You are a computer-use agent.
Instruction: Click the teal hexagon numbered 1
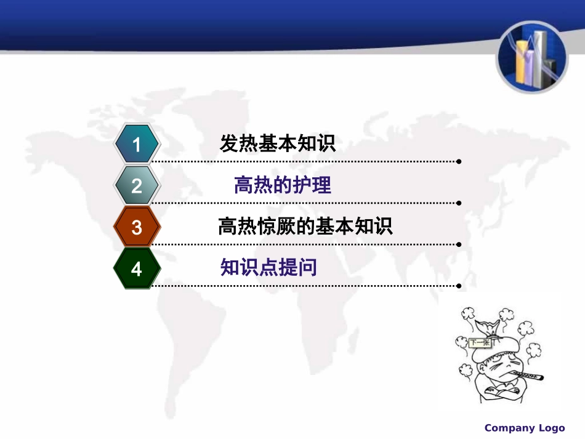[x=137, y=145]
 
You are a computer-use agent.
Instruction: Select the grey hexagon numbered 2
[x=137, y=186]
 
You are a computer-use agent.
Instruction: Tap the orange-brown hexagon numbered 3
[x=137, y=227]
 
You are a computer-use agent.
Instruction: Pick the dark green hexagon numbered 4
[x=137, y=268]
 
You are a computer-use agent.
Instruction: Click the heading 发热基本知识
[x=277, y=144]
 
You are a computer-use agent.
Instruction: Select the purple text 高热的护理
[x=283, y=185]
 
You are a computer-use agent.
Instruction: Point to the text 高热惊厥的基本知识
[x=305, y=227]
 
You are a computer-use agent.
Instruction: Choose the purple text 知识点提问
[x=268, y=267]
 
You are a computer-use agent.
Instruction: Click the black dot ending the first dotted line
[x=459, y=161]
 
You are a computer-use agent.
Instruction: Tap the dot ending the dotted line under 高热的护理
[x=459, y=203]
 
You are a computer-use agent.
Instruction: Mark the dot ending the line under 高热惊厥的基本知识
[x=459, y=244]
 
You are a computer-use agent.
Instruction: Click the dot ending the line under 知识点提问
[x=459, y=285]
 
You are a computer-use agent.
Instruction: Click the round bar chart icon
[x=533, y=57]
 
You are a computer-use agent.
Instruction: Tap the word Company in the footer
[x=509, y=428]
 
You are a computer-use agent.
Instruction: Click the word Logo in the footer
[x=552, y=428]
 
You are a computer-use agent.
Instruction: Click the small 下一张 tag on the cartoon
[x=480, y=343]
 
